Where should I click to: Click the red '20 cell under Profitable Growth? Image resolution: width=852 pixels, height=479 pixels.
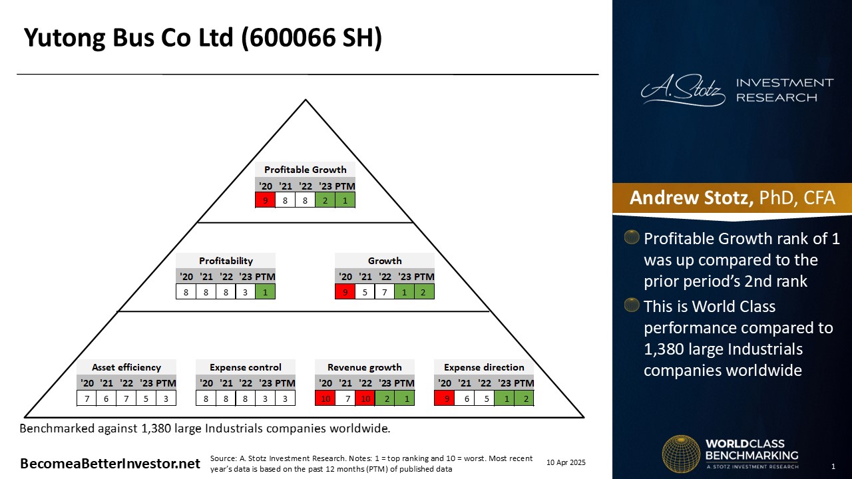coord(265,200)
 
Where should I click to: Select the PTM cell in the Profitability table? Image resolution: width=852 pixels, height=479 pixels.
coord(265,292)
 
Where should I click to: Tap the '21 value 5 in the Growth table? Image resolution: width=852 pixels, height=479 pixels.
coord(365,292)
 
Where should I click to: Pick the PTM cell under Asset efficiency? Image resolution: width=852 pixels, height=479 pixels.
coord(166,399)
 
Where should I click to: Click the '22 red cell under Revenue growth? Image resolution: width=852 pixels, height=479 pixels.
coord(365,399)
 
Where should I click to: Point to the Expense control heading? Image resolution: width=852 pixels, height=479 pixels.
coord(246,367)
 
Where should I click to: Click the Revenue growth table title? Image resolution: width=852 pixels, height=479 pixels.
coord(364,367)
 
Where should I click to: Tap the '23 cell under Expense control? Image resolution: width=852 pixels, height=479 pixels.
coord(265,399)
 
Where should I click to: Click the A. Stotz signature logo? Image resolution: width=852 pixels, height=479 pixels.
coord(683,90)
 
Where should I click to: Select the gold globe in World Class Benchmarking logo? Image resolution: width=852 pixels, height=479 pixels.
coord(681,454)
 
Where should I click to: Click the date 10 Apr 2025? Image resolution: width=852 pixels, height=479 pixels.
coord(566,462)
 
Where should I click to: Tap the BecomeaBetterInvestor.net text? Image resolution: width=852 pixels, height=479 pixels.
coord(110,464)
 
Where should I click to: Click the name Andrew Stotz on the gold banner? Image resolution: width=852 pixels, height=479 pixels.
coord(691,198)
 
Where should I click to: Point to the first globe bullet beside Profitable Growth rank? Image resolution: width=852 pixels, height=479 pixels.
coord(632,237)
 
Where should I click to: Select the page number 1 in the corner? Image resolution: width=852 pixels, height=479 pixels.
coord(833,466)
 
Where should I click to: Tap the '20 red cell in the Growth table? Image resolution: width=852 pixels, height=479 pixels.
coord(345,292)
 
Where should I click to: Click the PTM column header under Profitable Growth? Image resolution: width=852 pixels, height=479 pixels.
coord(345,186)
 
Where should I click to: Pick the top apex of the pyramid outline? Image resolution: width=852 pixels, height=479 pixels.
coord(306,100)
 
